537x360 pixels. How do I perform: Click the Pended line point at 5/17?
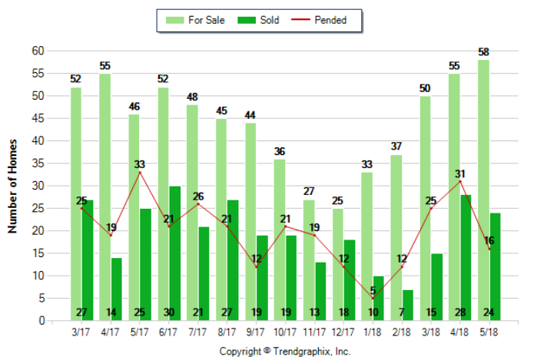[140, 173]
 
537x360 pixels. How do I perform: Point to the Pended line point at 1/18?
[373, 299]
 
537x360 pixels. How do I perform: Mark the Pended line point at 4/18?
[460, 182]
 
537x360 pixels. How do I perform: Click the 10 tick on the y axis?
[37, 276]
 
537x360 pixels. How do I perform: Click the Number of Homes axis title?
[13, 185]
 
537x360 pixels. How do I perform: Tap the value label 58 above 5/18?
[483, 52]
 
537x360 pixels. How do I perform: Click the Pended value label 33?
[140, 164]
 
